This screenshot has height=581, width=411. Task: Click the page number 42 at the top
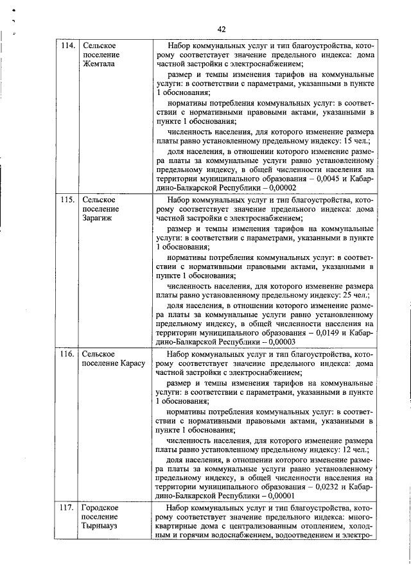pos(222,29)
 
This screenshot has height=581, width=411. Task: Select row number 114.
pos(67,46)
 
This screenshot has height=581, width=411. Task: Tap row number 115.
pos(67,200)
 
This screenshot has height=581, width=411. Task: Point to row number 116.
pos(67,354)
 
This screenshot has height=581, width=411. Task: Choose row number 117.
pos(67,507)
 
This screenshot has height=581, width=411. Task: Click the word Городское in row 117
pos(100,507)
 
